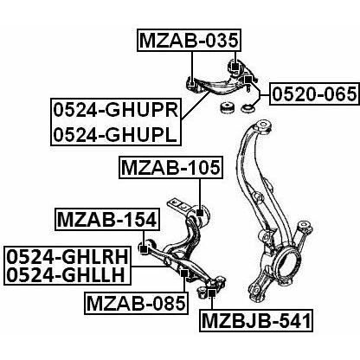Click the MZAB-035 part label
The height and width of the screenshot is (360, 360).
pyautogui.click(x=189, y=40)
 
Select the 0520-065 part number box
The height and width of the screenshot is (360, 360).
pyautogui.click(x=315, y=94)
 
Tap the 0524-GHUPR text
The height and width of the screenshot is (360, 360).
pyautogui.click(x=116, y=110)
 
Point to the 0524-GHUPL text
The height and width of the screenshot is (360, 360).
pyautogui.click(x=115, y=134)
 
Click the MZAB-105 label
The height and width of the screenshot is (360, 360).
pyautogui.click(x=171, y=168)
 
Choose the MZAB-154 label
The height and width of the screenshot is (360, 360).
pyautogui.click(x=107, y=220)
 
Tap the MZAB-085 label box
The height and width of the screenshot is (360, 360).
pyautogui.click(x=136, y=303)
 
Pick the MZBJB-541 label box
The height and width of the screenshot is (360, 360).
pyautogui.click(x=256, y=321)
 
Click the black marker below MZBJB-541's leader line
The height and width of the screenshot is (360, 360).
pyautogui.click(x=212, y=293)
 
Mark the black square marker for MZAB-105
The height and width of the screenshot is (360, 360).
pyautogui.click(x=200, y=213)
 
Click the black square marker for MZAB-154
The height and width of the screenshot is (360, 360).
pyautogui.click(x=144, y=247)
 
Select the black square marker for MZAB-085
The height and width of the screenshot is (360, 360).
pyautogui.click(x=183, y=273)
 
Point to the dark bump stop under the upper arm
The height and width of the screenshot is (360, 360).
pyautogui.click(x=227, y=107)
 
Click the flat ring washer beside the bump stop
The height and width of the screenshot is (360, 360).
pyautogui.click(x=247, y=109)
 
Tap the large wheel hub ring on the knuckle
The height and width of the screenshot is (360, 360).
pyautogui.click(x=286, y=260)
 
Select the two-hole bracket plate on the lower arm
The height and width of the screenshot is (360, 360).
pyautogui.click(x=179, y=205)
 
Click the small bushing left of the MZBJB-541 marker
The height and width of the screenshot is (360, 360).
pyautogui.click(x=202, y=292)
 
